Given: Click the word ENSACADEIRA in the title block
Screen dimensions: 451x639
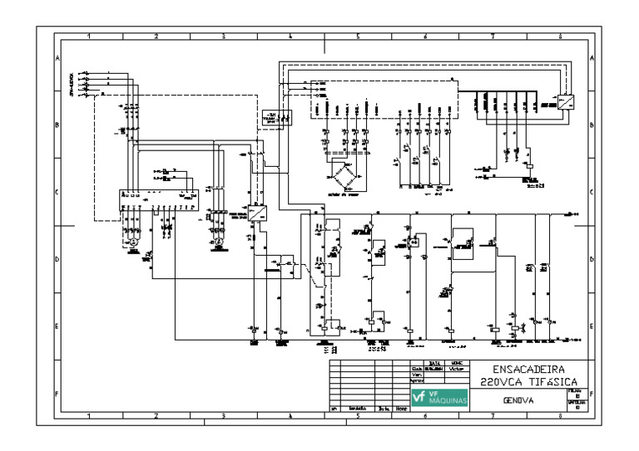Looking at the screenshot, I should (x=528, y=368).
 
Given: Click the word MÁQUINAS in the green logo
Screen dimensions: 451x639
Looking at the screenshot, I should (x=449, y=403).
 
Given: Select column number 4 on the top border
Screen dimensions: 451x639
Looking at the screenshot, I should (x=290, y=37).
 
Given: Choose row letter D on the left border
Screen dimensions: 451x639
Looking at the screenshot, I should (x=57, y=259).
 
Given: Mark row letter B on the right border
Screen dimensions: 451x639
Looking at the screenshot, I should (x=591, y=125).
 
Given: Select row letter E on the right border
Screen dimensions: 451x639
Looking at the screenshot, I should (x=591, y=326).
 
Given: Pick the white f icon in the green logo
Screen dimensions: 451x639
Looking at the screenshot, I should (x=419, y=399).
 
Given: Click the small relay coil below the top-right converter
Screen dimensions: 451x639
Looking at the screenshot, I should (x=530, y=166).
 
